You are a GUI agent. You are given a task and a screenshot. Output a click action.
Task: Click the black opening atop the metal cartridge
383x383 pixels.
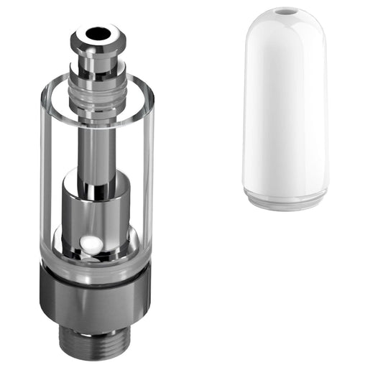coord(97,32)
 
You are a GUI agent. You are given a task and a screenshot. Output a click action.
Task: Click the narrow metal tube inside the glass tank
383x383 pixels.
coord(97,144)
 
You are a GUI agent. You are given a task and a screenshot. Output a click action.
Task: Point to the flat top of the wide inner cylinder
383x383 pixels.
coord(97,174)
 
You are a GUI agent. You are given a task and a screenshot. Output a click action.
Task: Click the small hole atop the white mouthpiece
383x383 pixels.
coord(285,12)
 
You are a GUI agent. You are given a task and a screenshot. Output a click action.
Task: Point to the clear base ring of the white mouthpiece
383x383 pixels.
coord(285,199)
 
